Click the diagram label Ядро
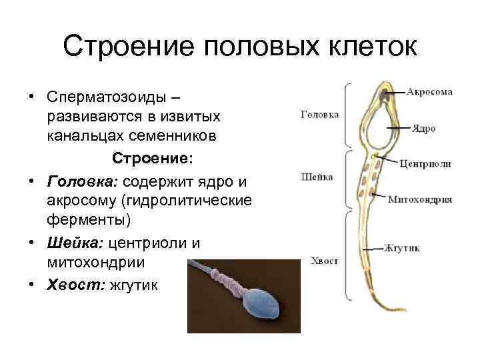(423, 128)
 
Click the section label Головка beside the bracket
(320, 114)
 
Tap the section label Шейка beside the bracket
(319, 177)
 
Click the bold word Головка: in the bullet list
(75, 181)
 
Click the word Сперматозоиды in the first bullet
(113, 97)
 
